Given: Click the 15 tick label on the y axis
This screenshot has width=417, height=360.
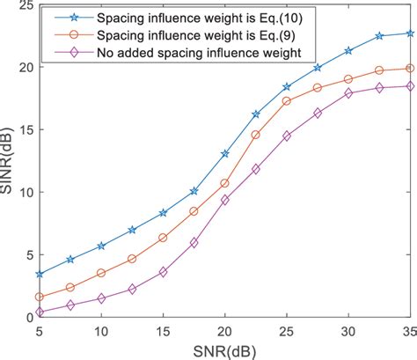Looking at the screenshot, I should (x=24, y=129).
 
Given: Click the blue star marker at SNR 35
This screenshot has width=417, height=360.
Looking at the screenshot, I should (x=410, y=33).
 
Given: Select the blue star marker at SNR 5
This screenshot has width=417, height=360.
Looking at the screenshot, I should (x=40, y=274).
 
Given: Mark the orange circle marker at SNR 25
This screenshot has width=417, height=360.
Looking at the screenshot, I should (x=287, y=101).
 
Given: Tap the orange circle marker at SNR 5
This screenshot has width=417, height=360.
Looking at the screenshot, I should (x=40, y=297).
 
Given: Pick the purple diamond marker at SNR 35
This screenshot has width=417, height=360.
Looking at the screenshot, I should (x=410, y=85).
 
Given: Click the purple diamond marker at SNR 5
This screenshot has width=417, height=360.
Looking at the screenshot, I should (x=40, y=312).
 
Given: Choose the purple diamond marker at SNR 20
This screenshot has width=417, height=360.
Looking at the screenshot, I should (x=225, y=200).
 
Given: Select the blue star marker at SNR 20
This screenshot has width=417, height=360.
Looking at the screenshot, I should (x=225, y=153).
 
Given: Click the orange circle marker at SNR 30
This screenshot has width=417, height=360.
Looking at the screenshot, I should (x=348, y=79).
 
